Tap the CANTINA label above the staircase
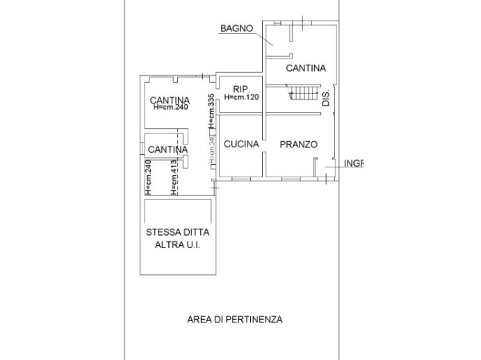[305, 68]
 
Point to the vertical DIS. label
[326, 97]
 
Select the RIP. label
[241, 89]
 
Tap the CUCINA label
[241, 145]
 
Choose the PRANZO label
[298, 145]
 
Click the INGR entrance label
[354, 164]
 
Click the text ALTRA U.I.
[177, 246]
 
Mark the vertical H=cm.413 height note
[174, 177]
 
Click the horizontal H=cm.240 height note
[169, 108]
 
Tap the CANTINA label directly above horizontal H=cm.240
[169, 100]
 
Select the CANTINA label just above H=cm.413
[168, 149]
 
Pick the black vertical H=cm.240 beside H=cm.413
[148, 177]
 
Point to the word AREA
[197, 320]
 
